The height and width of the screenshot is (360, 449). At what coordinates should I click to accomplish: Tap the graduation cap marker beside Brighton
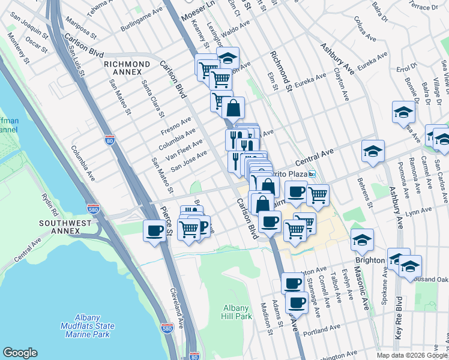click(x=361, y=240)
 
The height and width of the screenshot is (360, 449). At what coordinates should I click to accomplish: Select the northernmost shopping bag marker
click(x=233, y=109)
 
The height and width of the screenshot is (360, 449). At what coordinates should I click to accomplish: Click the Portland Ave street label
click(x=322, y=331)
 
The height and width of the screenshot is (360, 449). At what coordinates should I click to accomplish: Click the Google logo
click(x=20, y=352)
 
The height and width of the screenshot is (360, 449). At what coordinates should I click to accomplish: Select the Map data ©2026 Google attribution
click(x=411, y=355)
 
